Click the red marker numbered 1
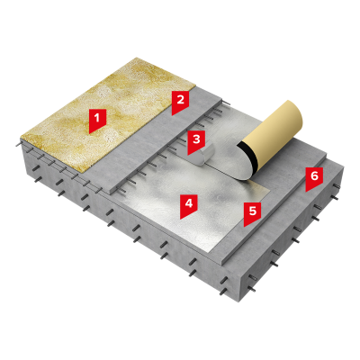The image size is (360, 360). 97,120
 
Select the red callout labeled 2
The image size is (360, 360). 180,102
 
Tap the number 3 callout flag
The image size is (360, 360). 196,141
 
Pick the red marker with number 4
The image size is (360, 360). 188,205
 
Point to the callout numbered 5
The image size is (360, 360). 252,213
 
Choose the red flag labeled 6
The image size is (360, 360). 314,178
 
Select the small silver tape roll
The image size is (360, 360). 203,155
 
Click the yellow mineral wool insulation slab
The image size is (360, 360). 108,114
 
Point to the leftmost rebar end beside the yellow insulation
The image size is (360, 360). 16,146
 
